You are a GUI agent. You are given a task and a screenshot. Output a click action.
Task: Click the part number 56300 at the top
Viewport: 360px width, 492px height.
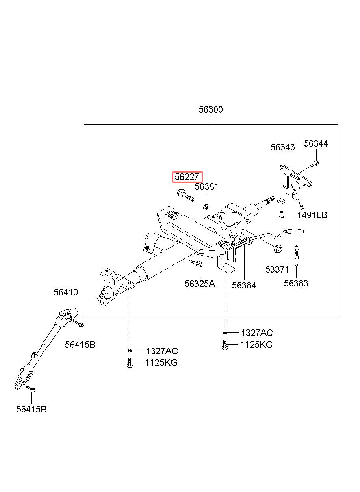[x=210, y=110]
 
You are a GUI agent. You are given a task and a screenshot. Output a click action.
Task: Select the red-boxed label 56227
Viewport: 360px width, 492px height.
[x=187, y=177]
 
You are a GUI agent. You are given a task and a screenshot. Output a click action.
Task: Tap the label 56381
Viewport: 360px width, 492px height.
[x=206, y=187]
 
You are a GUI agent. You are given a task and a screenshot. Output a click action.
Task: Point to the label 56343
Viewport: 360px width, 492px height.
[x=282, y=147]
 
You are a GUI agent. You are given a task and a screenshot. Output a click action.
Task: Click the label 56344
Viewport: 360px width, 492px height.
[x=316, y=144]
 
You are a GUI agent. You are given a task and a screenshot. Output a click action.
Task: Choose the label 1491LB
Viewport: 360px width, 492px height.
[x=312, y=215]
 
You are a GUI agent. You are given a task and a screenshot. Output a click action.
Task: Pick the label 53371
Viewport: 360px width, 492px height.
[x=277, y=270]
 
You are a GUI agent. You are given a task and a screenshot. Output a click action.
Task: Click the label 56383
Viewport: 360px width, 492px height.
[x=296, y=284]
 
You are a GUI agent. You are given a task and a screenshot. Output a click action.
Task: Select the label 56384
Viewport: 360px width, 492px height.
[x=244, y=285]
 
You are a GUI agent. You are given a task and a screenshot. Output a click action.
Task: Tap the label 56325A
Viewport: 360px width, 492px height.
[x=199, y=284]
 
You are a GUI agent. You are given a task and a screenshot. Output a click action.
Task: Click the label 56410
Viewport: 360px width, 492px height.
[x=66, y=292]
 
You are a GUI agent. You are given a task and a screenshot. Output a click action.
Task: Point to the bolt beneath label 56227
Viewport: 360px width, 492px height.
[x=186, y=195]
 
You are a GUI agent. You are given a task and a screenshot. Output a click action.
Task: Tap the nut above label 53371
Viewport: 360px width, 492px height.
[x=278, y=249]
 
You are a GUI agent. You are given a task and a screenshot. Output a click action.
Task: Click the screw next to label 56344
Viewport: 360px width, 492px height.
[x=315, y=164]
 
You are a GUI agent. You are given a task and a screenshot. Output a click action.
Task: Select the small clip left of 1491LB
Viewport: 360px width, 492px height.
[x=281, y=215]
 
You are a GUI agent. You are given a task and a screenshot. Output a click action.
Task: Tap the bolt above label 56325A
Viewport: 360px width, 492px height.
[x=196, y=263]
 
